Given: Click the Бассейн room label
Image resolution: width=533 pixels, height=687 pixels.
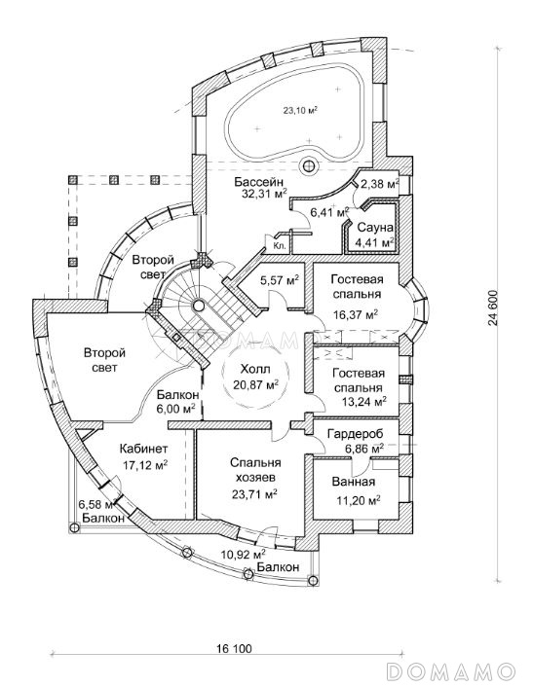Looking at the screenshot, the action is tap(258, 181).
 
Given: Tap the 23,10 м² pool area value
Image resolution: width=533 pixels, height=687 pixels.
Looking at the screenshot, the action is tap(300, 110).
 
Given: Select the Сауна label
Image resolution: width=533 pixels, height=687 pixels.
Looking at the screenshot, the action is tap(375, 228).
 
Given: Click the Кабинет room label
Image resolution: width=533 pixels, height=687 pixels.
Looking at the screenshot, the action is tap(143, 449).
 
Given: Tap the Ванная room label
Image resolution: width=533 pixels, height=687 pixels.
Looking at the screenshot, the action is tap(354, 482).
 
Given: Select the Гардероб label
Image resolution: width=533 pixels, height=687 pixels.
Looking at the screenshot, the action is tap(356, 434).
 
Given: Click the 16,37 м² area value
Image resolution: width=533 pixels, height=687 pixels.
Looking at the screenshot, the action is tap(356, 314).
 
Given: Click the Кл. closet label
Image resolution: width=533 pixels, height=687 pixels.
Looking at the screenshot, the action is tap(280, 246).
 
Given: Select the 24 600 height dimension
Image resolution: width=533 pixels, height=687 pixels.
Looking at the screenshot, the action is tap(492, 308).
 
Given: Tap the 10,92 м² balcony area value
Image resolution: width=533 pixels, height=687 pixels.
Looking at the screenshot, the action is tap(243, 555).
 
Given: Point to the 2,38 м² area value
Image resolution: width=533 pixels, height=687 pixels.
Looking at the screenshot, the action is tap(379, 185).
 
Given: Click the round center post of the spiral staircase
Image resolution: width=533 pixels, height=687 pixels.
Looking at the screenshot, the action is tap(199, 305).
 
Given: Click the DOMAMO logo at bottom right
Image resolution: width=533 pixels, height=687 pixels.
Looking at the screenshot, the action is tap(451, 671).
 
